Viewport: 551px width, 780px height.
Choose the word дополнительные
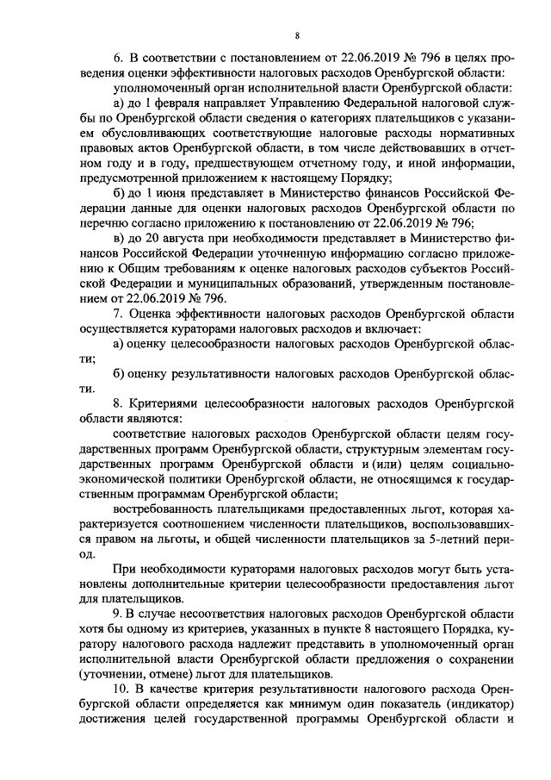154,583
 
